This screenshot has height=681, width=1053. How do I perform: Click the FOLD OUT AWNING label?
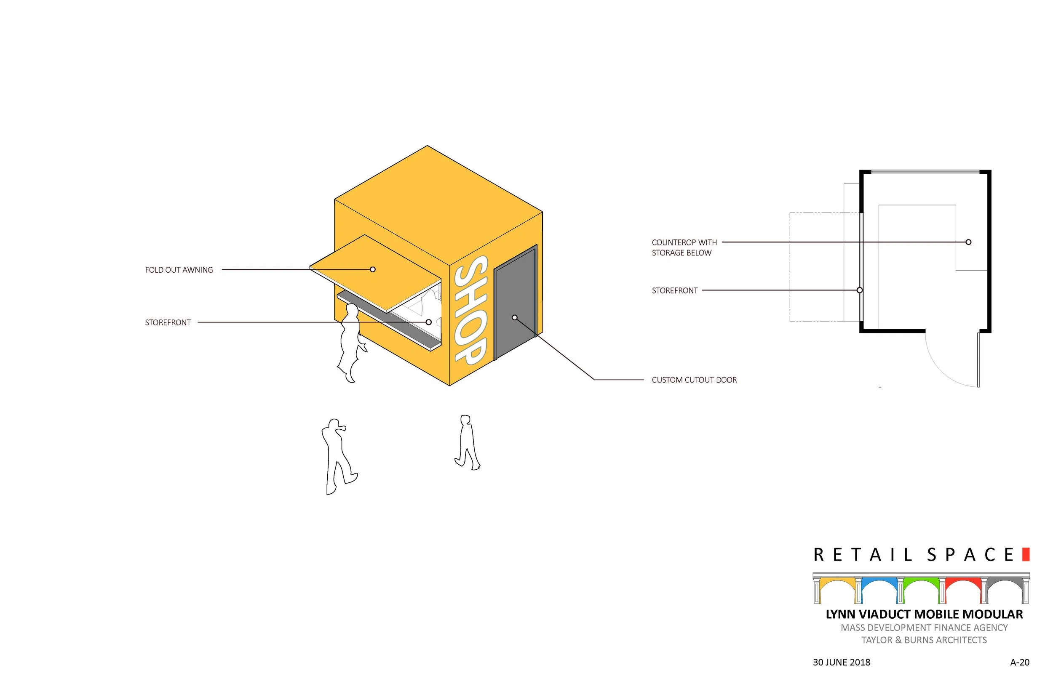pyautogui.click(x=179, y=270)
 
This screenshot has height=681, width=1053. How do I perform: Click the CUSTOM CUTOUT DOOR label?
pyautogui.click(x=694, y=380)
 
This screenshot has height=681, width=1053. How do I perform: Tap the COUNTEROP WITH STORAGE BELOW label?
pyautogui.click(x=684, y=247)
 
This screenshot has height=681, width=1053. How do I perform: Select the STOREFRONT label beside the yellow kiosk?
pyautogui.click(x=168, y=323)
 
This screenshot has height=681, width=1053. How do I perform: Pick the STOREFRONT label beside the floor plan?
pyautogui.click(x=675, y=290)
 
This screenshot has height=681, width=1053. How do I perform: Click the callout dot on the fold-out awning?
pyautogui.click(x=372, y=269)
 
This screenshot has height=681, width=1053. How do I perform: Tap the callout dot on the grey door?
pyautogui.click(x=515, y=317)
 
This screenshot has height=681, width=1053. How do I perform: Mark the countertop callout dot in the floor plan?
pyautogui.click(x=968, y=242)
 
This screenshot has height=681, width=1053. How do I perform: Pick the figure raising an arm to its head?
pyautogui.click(x=337, y=455)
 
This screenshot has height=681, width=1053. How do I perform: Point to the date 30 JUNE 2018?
pyautogui.click(x=842, y=662)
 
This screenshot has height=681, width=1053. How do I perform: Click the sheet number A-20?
pyautogui.click(x=1019, y=662)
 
